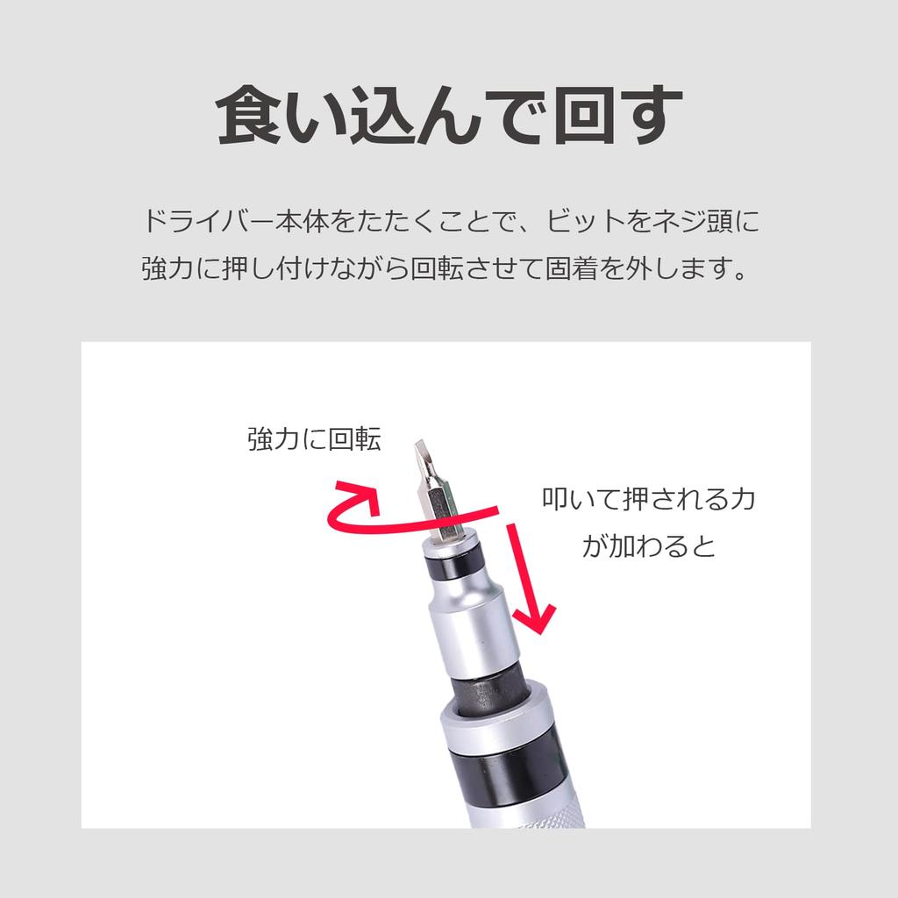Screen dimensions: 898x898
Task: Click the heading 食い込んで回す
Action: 449,116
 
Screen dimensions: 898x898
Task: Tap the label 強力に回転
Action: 314,438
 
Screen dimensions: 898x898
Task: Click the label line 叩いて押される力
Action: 648,500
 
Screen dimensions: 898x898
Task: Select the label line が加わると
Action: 648,546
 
